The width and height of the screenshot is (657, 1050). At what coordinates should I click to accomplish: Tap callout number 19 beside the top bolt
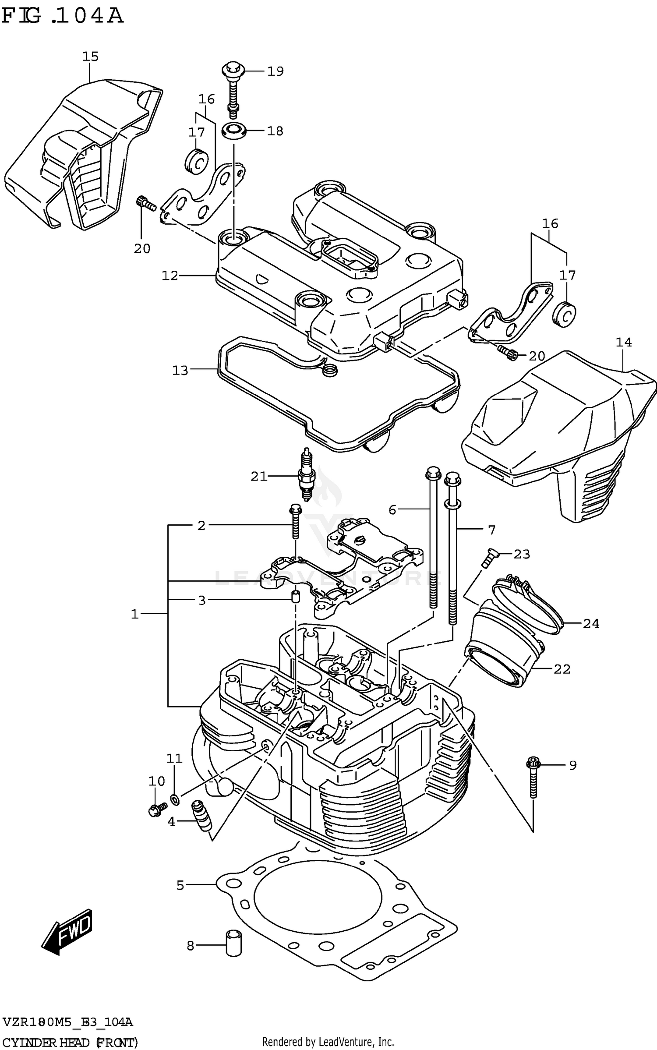276,71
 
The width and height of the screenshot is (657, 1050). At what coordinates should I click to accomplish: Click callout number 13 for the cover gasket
180,371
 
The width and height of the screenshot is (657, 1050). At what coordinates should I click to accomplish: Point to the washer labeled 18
233,131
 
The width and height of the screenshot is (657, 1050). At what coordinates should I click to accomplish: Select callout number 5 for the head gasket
180,885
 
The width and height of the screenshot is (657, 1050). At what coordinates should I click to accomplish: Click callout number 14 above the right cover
624,342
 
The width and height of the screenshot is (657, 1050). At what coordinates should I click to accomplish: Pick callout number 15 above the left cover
91,57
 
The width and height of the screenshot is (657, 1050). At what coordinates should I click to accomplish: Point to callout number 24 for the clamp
590,623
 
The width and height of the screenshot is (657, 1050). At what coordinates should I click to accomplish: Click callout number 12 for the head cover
170,276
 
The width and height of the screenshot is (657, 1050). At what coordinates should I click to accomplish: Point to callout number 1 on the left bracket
135,614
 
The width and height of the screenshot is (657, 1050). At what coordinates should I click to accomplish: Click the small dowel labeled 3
296,597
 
